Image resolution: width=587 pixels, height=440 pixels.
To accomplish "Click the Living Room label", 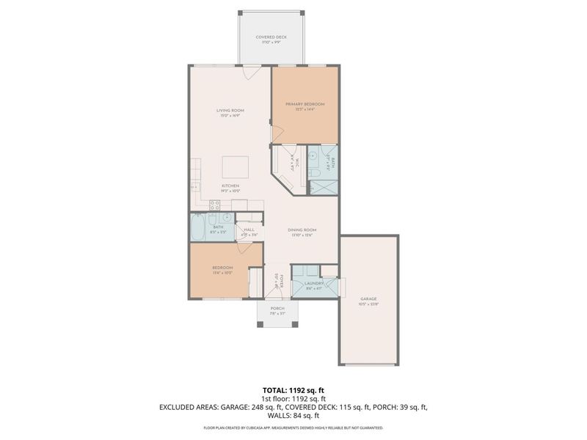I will (230, 111).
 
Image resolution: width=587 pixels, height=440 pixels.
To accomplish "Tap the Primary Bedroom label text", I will (309, 105).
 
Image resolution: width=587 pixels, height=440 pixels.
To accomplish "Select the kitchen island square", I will (236, 166).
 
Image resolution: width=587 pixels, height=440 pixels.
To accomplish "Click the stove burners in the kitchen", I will (215, 205).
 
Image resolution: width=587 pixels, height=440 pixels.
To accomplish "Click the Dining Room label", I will (303, 232).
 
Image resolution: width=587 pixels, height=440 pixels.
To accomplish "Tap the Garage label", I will (368, 298).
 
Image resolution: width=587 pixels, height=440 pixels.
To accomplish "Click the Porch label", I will (277, 309).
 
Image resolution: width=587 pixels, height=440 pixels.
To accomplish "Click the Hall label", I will (249, 230).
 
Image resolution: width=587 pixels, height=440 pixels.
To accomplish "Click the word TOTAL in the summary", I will (277, 389).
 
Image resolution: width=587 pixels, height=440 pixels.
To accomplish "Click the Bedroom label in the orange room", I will (222, 268).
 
